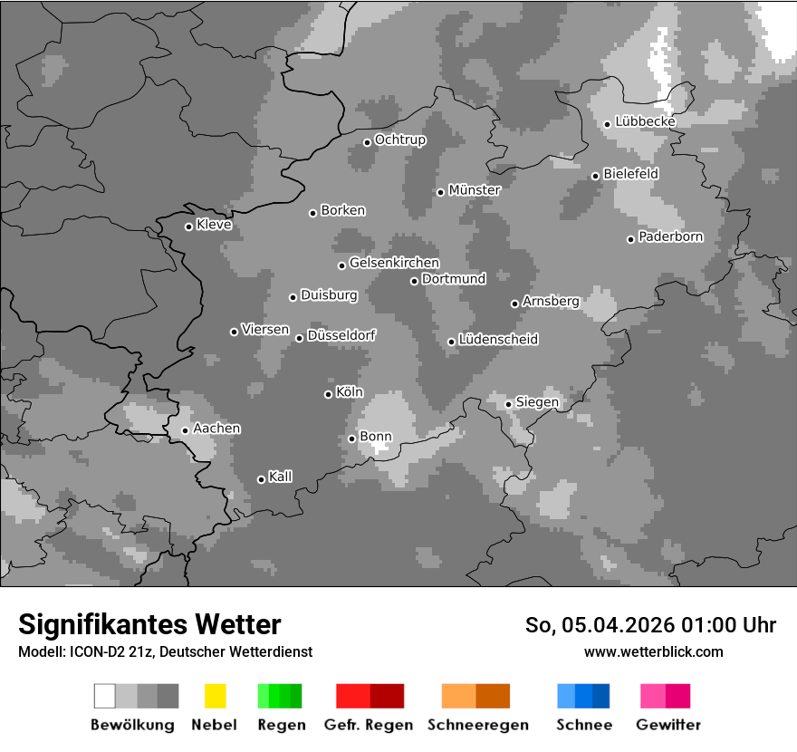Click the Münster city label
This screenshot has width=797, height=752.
coord(475,190)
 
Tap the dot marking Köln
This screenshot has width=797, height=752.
coord(328,394)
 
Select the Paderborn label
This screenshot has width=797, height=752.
coord(670,237)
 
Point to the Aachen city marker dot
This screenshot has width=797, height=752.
coord(185,430)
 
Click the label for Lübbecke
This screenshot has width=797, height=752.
coord(645,121)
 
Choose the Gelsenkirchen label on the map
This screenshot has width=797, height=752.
coord(394,264)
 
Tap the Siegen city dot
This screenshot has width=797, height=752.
coord(508,404)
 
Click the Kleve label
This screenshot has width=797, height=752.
coord(214,225)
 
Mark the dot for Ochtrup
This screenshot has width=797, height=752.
coord(367,142)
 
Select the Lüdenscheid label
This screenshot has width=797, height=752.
coord(498,340)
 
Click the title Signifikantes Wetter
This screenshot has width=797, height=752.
coord(149,625)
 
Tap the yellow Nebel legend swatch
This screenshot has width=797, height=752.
coord(215,696)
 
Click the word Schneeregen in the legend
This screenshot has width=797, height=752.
coord(477,725)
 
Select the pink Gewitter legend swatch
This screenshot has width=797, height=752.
coord(653,696)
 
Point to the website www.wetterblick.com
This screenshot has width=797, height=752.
coord(653,651)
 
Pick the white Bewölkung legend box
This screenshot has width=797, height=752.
coord(105,696)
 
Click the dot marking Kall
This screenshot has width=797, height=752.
coord(261,479)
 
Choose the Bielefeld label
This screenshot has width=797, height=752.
coord(630,173)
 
